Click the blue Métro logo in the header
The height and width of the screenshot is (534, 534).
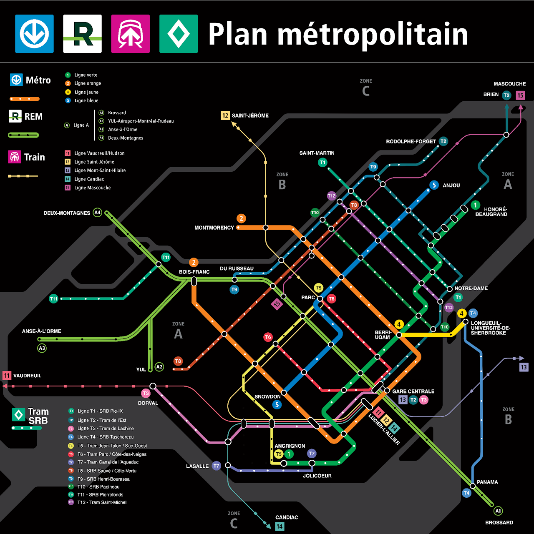tap(35, 34)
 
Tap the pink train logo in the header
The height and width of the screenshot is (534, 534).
tap(131, 34)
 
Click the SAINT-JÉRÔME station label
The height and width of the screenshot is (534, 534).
tap(250, 115)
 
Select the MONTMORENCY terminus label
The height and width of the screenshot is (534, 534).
tap(214, 228)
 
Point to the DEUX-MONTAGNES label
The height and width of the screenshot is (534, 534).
tap(67, 213)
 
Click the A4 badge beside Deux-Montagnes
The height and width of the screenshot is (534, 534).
tap(98, 213)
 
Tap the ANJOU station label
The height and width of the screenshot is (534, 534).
tap(451, 186)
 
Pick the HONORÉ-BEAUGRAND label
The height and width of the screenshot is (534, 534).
tap(491, 212)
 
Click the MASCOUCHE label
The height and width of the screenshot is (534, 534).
tap(509, 84)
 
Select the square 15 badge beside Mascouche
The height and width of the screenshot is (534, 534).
tap(520, 95)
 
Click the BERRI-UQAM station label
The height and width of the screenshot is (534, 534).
tap(382, 335)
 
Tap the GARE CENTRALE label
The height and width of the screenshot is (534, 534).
tap(413, 391)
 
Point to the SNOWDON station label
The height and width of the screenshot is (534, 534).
tap(267, 396)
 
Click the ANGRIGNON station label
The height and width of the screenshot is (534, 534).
tap(290, 446)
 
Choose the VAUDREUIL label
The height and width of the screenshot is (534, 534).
tap(27, 376)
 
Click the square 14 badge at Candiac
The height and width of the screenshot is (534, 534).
tap(280, 526)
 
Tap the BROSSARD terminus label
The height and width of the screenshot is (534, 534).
tap(499, 522)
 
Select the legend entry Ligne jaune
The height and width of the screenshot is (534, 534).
tap(86, 92)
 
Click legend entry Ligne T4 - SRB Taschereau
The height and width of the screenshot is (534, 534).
tap(105, 437)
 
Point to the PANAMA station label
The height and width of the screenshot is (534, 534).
tap(487, 482)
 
